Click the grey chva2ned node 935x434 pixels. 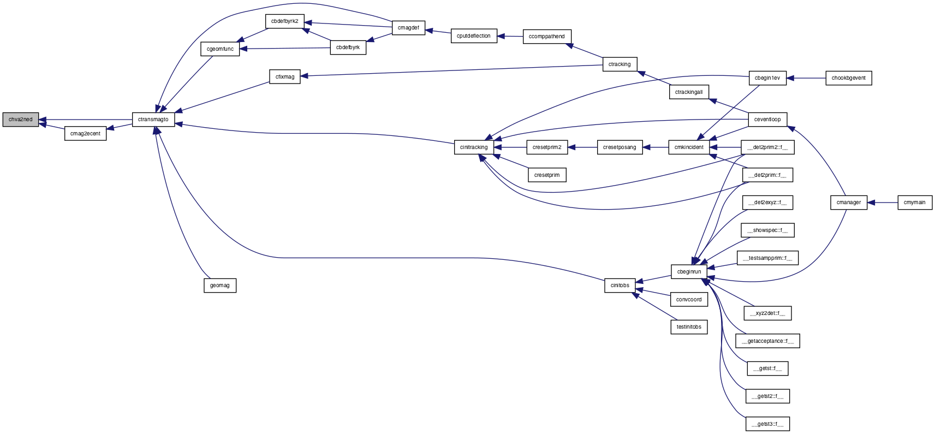20,120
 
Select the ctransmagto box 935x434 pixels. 153,120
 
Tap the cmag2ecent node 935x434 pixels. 85,134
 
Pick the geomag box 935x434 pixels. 220,286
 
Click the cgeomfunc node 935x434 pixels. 220,49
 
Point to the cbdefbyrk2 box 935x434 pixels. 285,21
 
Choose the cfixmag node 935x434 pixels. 285,77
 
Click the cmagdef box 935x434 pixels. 408,28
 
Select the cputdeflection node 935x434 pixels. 474,36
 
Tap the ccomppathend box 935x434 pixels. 547,37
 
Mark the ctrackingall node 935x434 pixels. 689,92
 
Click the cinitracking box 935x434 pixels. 474,147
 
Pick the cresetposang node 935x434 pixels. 620,147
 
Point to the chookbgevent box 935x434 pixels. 849,78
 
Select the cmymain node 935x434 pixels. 915,203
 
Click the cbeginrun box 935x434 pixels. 689,272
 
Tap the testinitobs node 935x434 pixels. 689,327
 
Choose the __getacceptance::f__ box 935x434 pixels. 767,341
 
